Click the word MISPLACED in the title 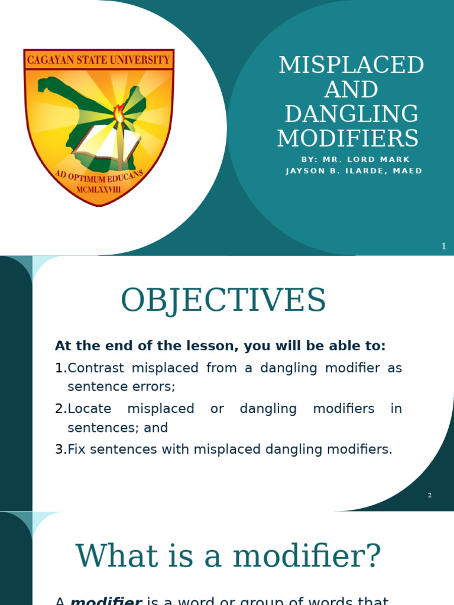tap(351, 65)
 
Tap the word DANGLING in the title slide tap(351, 114)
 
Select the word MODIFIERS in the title tap(348, 138)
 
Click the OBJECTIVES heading tap(223, 300)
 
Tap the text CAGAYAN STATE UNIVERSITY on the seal tap(99, 60)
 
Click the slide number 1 tap(443, 246)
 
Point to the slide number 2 tap(430, 495)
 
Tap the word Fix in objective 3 tap(77, 450)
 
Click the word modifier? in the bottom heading tap(307, 556)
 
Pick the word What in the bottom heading tap(117, 556)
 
